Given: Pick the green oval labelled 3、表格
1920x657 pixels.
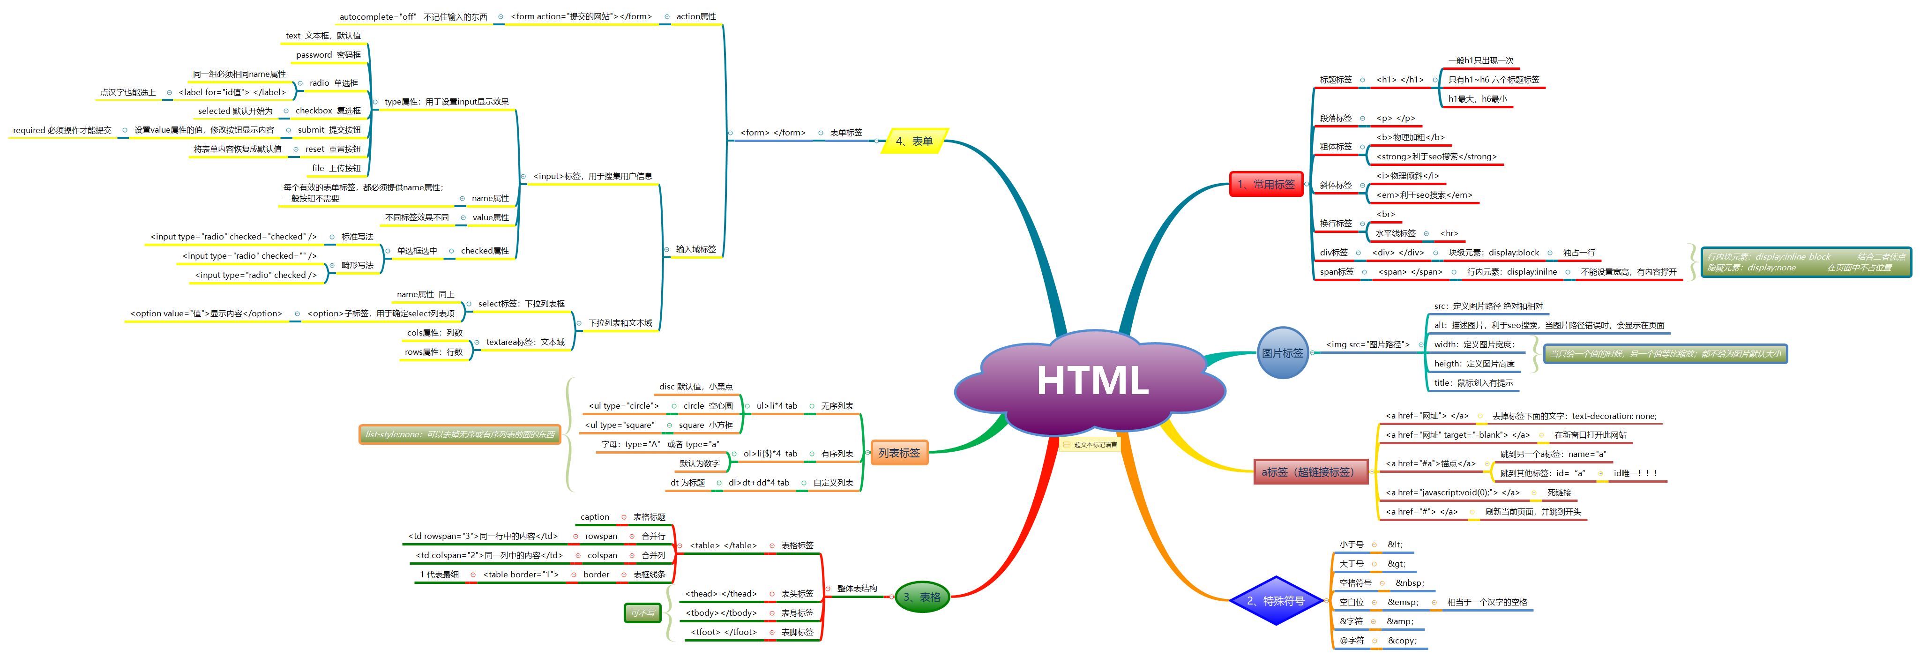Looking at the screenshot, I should point(921,597).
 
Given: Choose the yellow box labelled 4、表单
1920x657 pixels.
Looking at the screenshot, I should point(914,141).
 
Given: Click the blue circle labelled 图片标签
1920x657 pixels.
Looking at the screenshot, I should point(1282,353).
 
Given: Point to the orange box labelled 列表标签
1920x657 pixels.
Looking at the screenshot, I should point(899,453).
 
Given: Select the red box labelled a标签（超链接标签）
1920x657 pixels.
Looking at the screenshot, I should point(1310,471).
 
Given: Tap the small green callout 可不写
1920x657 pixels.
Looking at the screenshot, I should point(642,613).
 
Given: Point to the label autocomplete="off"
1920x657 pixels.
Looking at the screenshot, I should point(378,16).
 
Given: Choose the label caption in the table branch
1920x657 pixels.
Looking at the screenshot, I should point(595,517).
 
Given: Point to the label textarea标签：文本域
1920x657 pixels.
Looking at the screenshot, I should point(525,343).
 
